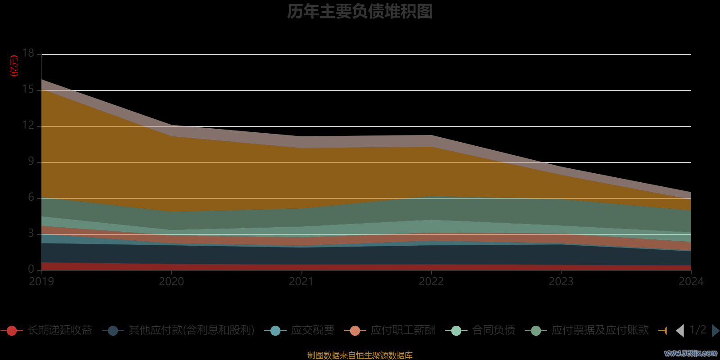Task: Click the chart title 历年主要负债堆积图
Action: (360, 12)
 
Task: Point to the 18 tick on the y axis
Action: (28, 54)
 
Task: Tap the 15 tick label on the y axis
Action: (28, 90)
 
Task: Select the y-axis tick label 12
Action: (28, 126)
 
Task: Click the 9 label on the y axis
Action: (31, 162)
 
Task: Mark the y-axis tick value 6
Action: (31, 198)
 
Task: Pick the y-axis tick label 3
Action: (31, 234)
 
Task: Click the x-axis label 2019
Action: (41, 282)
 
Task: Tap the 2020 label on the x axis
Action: (171, 282)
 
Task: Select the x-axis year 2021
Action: (301, 282)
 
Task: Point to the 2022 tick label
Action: (431, 282)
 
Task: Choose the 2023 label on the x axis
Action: (561, 282)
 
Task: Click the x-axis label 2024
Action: (691, 282)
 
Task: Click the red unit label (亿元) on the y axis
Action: (14, 66)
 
